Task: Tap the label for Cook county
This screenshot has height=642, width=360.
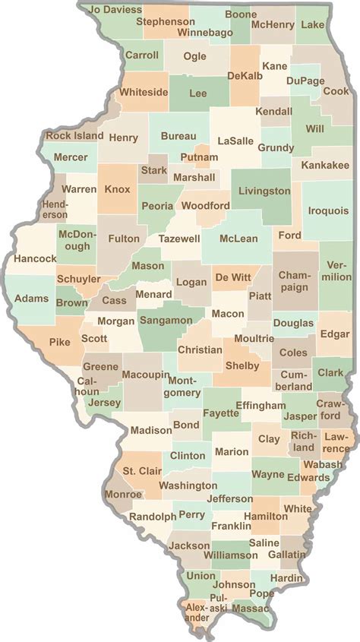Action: tap(336, 91)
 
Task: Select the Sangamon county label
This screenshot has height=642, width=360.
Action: tap(166, 321)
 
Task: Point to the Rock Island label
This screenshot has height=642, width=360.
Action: tap(74, 136)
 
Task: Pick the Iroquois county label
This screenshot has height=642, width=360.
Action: tap(327, 213)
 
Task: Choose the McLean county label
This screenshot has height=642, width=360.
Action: tap(238, 239)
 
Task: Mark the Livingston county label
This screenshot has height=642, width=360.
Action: tap(264, 191)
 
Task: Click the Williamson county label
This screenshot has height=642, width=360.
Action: tap(235, 555)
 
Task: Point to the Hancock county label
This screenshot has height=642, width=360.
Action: tap(35, 259)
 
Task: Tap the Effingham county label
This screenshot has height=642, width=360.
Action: tap(260, 406)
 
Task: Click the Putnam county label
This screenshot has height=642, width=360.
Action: tap(199, 157)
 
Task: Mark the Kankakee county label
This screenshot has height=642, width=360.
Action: tap(324, 165)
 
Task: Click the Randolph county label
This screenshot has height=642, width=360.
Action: tap(153, 516)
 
